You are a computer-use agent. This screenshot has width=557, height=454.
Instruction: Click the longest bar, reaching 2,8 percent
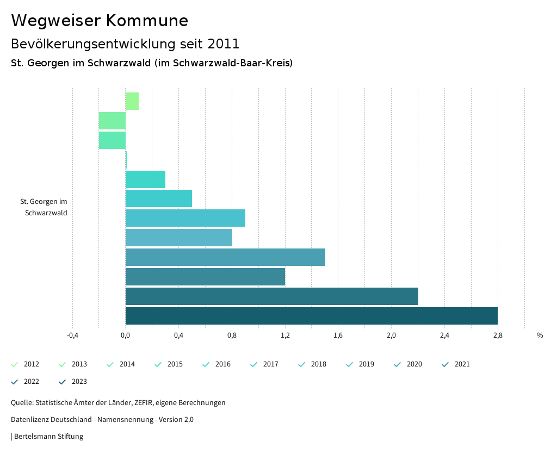coord(311,316)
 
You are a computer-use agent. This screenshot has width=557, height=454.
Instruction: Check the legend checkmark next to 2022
coord(15,382)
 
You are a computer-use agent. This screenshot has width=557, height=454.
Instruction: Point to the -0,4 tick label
coord(72,335)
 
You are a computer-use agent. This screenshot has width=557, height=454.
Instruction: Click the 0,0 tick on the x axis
coord(125,335)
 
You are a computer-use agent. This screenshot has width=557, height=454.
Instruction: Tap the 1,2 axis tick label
coord(285,335)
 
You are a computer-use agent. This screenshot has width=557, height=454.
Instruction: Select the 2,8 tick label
coord(498,335)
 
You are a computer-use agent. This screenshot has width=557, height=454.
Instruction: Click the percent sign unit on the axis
coord(540,335)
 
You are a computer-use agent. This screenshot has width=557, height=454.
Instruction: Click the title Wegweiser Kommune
coord(100,21)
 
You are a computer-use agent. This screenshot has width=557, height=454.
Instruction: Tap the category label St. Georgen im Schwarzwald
coord(44,207)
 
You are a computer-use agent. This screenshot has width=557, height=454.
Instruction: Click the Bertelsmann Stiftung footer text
coord(48,436)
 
